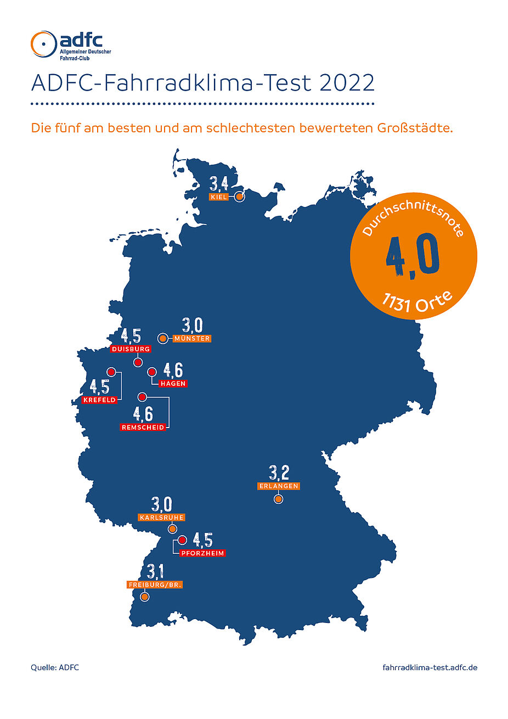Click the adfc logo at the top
[x=71, y=45]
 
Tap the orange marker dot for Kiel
[x=239, y=196]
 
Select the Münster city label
[x=191, y=339]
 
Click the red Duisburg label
[x=131, y=349]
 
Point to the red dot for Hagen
[x=152, y=372]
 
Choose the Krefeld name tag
[x=100, y=400]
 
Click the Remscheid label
[x=143, y=427]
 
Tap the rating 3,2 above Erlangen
[x=279, y=473]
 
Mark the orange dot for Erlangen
[x=278, y=499]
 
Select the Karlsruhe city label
[x=161, y=518]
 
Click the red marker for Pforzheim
[x=182, y=540]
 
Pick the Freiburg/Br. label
[x=155, y=585]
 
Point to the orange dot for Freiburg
[x=144, y=597]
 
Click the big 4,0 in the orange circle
[x=413, y=256]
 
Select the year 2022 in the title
[x=347, y=83]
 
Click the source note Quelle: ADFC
[x=55, y=667]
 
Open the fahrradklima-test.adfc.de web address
[x=430, y=667]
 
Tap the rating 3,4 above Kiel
[x=219, y=183]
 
